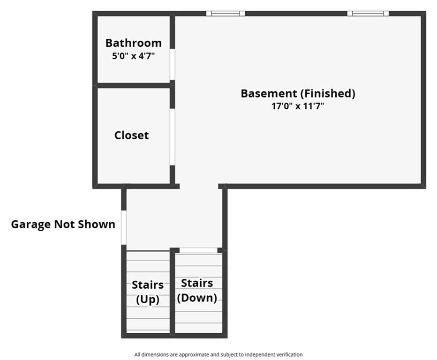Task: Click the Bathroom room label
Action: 134,43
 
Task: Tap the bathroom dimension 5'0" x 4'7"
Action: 133,56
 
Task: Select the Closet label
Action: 132,135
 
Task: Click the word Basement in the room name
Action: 269,93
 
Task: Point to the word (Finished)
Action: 328,93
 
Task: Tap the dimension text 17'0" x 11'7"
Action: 298,106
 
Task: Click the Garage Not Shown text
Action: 63,225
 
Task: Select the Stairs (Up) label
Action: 148,292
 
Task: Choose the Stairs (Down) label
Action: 197,290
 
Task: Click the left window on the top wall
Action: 226,14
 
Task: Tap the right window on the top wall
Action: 368,14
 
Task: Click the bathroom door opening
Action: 173,64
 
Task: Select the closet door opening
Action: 173,137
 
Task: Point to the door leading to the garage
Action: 124,228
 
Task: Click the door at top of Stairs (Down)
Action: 198,250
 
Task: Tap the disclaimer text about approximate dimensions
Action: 218,355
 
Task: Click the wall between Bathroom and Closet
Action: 134,85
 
